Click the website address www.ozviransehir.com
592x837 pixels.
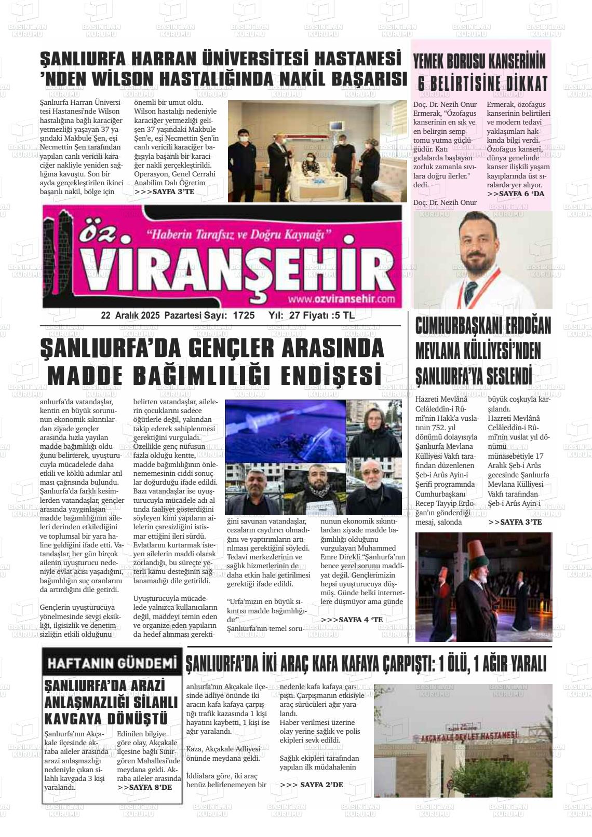[341, 299]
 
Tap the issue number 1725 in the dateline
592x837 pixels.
[244, 315]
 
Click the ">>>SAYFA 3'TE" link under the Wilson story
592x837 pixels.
[164, 191]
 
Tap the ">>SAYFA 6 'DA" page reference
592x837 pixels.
[516, 194]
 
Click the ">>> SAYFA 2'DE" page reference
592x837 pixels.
[311, 785]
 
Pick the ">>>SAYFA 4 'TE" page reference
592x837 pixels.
[352, 620]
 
